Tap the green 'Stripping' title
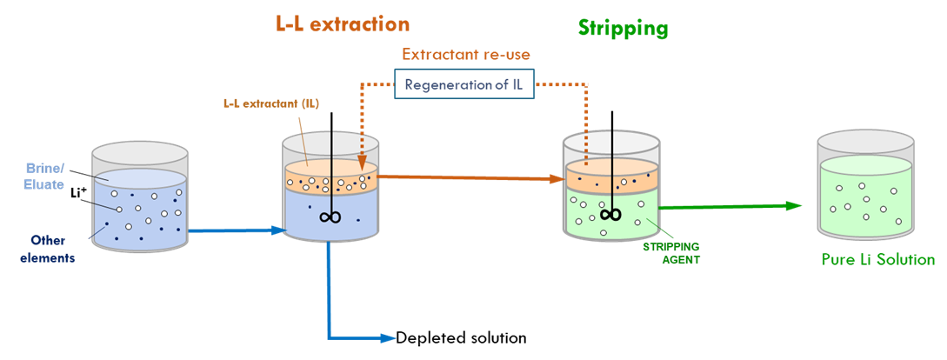(x=623, y=28)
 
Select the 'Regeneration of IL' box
(x=464, y=85)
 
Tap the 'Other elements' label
(x=47, y=248)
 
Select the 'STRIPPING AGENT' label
(x=671, y=252)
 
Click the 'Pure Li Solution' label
(x=877, y=259)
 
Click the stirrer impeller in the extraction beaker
(x=330, y=218)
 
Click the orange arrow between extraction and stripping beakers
(x=470, y=178)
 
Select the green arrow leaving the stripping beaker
(x=730, y=206)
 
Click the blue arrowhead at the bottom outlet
(x=388, y=337)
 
